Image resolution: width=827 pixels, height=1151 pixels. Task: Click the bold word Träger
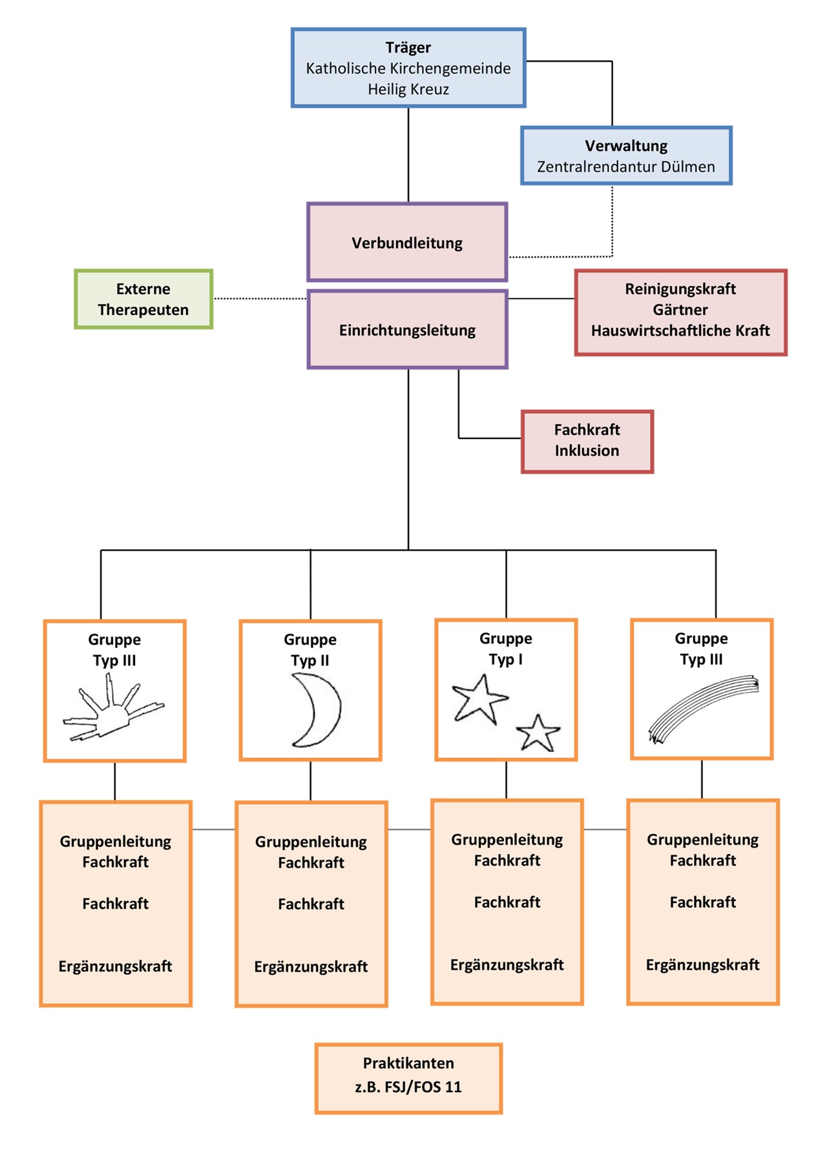(x=408, y=48)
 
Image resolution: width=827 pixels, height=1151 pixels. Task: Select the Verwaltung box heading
(x=626, y=146)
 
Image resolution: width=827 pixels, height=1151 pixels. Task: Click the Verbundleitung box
(x=407, y=243)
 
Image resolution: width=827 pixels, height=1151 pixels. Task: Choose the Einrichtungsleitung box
(x=407, y=330)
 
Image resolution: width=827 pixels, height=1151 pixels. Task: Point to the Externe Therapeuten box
(x=143, y=299)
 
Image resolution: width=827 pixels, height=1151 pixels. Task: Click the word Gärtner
(x=680, y=310)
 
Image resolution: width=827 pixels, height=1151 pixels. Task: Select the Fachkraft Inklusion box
(x=587, y=441)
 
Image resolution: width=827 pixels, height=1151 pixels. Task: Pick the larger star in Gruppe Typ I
(x=479, y=698)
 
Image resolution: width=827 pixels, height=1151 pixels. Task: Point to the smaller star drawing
(x=538, y=733)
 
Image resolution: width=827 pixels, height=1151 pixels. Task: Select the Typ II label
(x=310, y=660)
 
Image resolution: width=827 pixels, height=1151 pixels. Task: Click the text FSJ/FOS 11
(x=423, y=1087)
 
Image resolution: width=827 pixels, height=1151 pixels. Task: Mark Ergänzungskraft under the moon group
(x=311, y=966)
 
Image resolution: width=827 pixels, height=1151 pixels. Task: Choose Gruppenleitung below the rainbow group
(x=702, y=840)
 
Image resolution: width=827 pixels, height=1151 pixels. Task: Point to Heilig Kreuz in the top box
(x=408, y=89)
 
